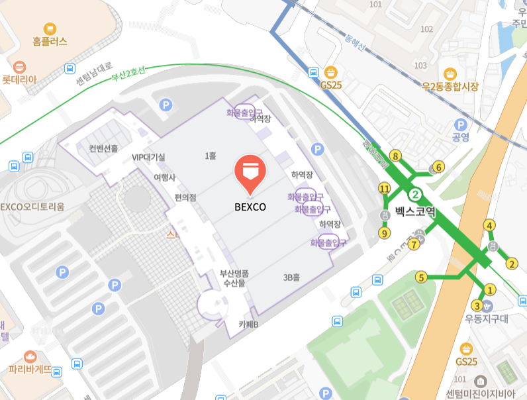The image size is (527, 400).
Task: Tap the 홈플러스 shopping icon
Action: pos(50,28)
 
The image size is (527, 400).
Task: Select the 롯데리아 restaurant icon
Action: pos(19,67)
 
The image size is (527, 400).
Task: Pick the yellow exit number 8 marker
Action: pos(396,156)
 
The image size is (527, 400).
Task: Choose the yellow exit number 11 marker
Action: pos(385,189)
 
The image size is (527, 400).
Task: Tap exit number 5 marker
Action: pos(420,277)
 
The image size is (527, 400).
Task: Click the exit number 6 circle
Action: pos(438,166)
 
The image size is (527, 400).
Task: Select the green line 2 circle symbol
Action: pos(414,194)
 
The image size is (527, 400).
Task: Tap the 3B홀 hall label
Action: pos(292,278)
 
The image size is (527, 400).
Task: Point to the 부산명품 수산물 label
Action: pos(234,277)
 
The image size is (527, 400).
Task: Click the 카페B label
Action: pos(248,324)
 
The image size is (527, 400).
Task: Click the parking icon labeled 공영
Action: pos(460,125)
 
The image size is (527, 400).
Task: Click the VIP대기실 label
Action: pos(148,157)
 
